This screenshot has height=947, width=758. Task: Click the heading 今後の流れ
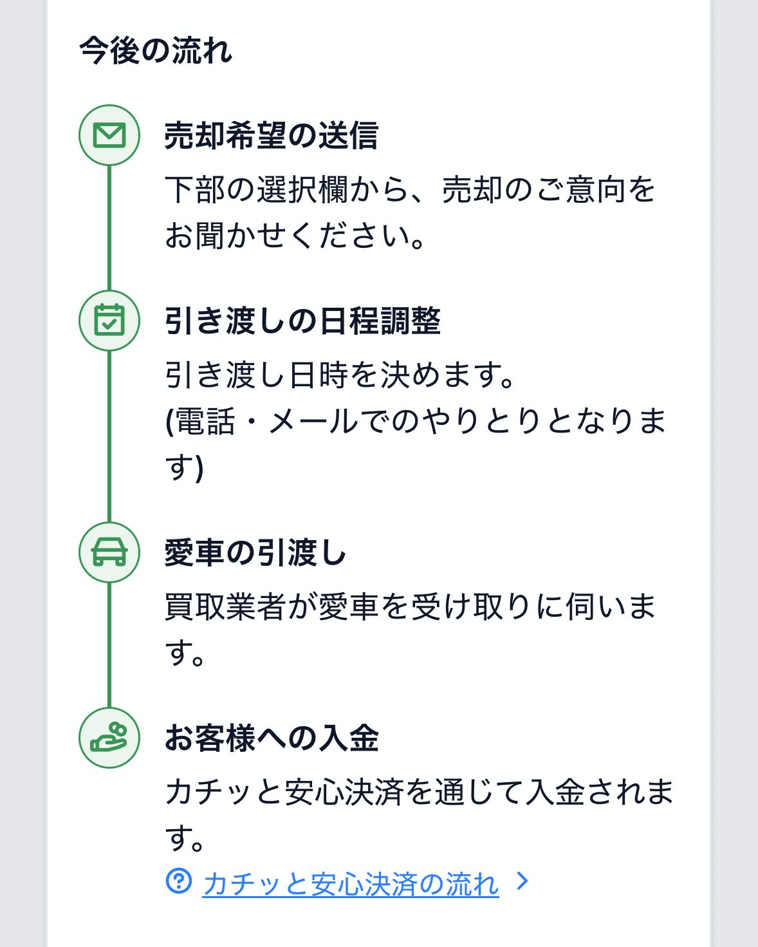point(156,51)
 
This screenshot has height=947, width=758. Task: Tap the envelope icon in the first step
point(109,135)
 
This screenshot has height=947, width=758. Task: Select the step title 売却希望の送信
point(271,136)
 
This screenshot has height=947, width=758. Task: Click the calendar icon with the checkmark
point(109,320)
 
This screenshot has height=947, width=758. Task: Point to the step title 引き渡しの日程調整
point(302,321)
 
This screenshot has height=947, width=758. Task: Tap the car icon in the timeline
point(109,552)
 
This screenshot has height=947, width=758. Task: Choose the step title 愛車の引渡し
point(255,553)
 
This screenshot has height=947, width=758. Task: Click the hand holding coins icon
point(109,738)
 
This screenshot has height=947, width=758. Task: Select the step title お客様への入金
point(271,738)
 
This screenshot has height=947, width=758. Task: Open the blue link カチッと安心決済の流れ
point(351,884)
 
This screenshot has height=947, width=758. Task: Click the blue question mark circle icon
point(179,881)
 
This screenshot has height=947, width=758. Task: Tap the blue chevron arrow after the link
point(522,881)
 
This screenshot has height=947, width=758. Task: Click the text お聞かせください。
point(295,236)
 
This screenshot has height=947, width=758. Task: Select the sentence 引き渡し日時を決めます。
point(341,375)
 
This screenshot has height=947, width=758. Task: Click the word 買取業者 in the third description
point(225,607)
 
